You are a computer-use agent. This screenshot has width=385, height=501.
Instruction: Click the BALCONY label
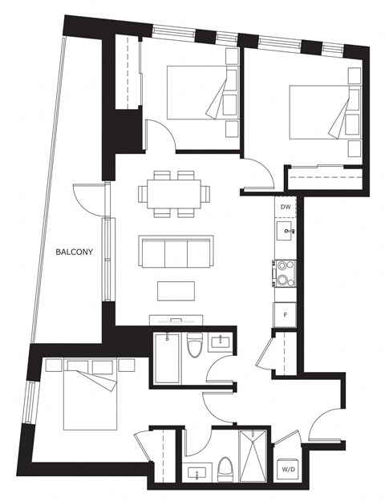(74, 252)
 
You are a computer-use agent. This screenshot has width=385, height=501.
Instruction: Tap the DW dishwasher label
(286, 207)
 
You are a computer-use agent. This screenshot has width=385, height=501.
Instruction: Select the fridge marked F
(285, 315)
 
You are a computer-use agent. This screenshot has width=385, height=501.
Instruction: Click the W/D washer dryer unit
(288, 469)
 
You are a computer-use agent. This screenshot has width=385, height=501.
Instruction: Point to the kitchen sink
(284, 231)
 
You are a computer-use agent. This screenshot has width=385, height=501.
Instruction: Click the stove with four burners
(284, 274)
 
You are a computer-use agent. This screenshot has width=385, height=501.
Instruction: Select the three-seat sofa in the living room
(176, 252)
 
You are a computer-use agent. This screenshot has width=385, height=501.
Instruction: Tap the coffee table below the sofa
(176, 291)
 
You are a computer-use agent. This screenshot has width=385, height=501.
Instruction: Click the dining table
(174, 194)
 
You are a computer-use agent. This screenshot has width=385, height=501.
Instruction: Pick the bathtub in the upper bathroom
(168, 358)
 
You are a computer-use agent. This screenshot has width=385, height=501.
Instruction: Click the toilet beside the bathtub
(194, 345)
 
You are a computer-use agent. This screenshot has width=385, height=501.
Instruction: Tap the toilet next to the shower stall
(225, 469)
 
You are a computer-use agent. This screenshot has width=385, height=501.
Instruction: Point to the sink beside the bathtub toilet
(220, 342)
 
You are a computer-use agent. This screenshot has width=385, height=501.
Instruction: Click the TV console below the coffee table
(176, 320)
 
